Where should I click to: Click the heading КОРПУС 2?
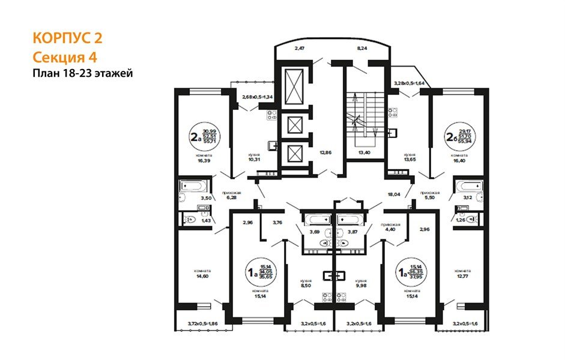click(67, 39)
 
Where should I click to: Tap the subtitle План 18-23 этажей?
click(82, 73)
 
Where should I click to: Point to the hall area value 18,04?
click(394, 194)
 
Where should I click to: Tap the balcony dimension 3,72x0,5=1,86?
click(202, 324)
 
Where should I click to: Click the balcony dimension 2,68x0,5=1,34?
click(258, 97)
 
